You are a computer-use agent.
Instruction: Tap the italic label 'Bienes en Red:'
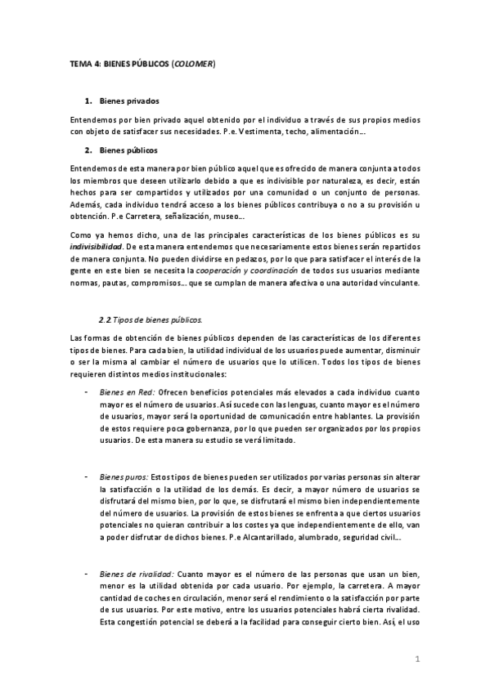pos(127,391)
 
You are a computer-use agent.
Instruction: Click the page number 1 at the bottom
pos(417,658)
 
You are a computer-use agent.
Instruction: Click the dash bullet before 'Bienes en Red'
pos(88,391)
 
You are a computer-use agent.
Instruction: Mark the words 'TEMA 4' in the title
pos(83,64)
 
